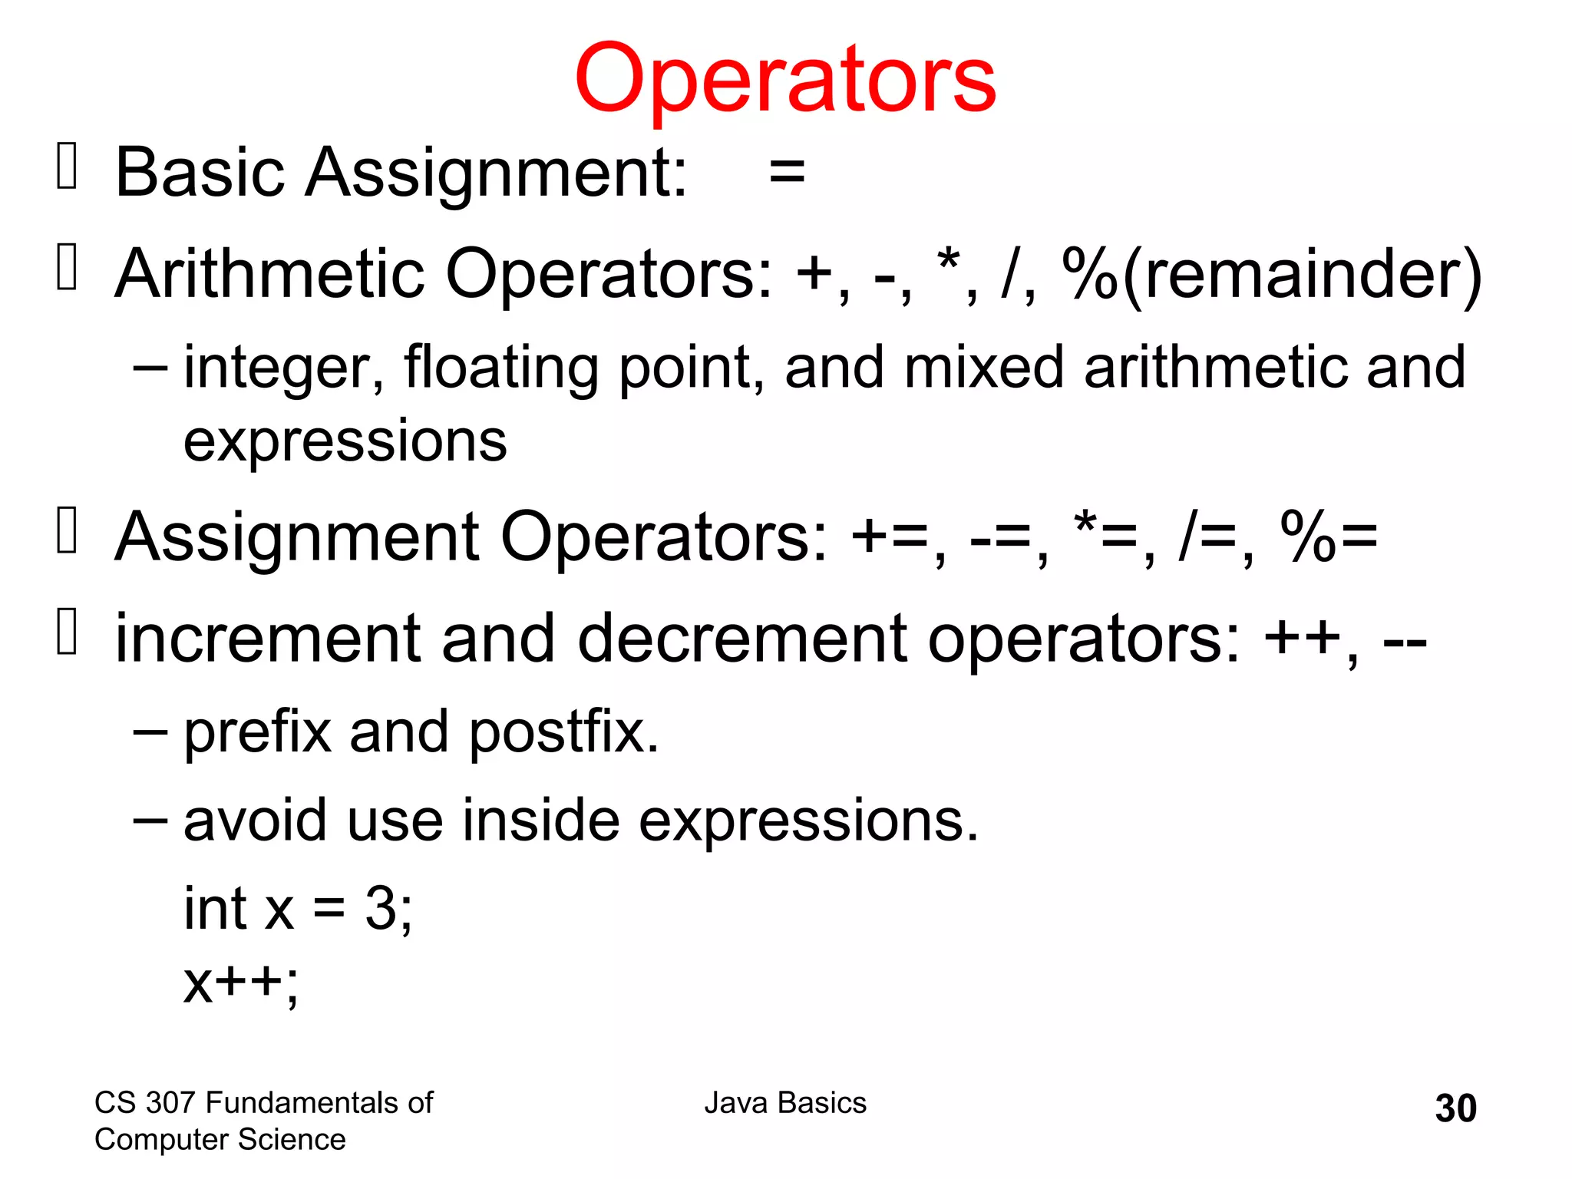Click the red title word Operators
pos(784,79)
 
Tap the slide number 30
pos(1455,1108)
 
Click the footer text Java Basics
pos(785,1103)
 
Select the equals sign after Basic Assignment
pos(787,172)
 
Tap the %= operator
pos(1329,537)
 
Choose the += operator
pos(890,537)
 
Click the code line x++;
pos(240,982)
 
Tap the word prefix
pos(258,732)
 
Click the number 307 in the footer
pos(171,1103)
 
